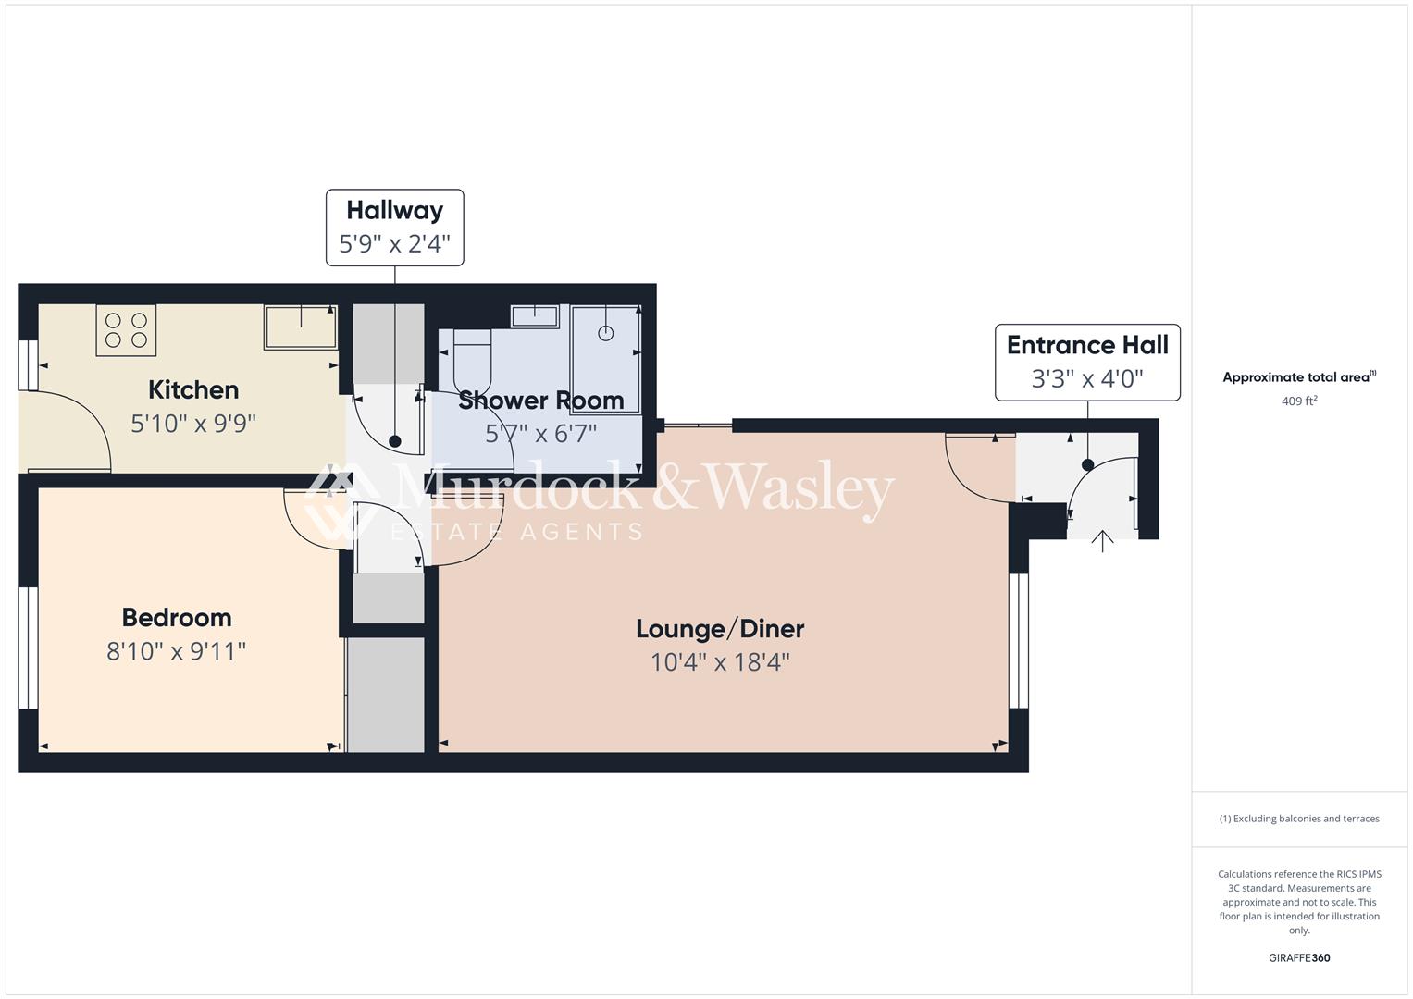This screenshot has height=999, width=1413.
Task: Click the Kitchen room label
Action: point(193,389)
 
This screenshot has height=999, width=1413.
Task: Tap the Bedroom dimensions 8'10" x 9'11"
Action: point(176,651)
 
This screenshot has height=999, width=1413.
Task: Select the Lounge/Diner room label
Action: point(720,629)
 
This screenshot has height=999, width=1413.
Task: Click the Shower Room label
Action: point(540,401)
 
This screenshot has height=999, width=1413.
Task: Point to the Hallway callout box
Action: point(394,228)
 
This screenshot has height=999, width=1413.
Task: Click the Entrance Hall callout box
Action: point(1087,363)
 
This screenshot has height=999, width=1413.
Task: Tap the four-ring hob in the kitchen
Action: point(126,330)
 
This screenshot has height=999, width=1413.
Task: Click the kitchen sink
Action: point(301,327)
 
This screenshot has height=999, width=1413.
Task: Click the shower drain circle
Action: point(605,333)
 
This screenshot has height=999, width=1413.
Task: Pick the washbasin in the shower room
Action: point(535,316)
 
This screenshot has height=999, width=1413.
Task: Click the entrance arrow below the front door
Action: point(1102,541)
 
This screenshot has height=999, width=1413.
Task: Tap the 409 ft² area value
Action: point(1299,401)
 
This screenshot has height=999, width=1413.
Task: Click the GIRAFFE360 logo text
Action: point(1299,957)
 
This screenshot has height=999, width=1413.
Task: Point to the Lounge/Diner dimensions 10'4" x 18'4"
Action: point(720,662)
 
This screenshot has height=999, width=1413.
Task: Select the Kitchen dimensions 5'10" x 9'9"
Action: point(193,424)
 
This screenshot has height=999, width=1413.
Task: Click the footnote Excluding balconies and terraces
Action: point(1299,819)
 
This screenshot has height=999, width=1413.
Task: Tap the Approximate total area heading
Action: point(1299,377)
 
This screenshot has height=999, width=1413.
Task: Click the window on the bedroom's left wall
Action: point(29,647)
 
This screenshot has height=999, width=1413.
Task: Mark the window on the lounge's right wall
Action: point(1018,640)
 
